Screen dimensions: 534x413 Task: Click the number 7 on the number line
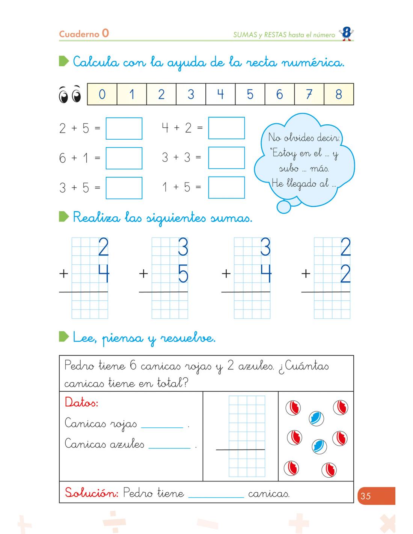click(x=309, y=94)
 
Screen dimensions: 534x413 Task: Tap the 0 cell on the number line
click(x=102, y=94)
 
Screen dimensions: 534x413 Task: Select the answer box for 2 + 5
click(x=124, y=128)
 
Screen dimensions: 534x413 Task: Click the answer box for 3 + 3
click(x=226, y=158)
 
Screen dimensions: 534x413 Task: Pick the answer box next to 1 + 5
click(x=226, y=187)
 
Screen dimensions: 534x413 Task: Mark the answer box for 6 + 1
click(x=124, y=158)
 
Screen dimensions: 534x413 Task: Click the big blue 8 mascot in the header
click(x=346, y=34)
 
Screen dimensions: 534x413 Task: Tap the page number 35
click(x=366, y=496)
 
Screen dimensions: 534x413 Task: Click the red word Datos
click(x=81, y=403)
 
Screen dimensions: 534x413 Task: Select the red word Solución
click(x=91, y=492)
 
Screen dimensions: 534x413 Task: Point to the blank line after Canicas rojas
click(x=162, y=427)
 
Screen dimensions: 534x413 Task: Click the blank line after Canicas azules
click(x=170, y=447)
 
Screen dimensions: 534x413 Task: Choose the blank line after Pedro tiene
click(x=216, y=497)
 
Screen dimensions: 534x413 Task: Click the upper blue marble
click(x=316, y=418)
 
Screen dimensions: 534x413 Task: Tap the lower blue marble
click(x=319, y=446)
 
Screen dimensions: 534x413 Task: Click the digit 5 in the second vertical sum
click(x=183, y=275)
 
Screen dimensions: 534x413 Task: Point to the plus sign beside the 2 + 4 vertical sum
click(x=64, y=274)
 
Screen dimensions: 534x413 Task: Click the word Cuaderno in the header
click(x=79, y=34)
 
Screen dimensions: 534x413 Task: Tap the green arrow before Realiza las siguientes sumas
click(x=64, y=217)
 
